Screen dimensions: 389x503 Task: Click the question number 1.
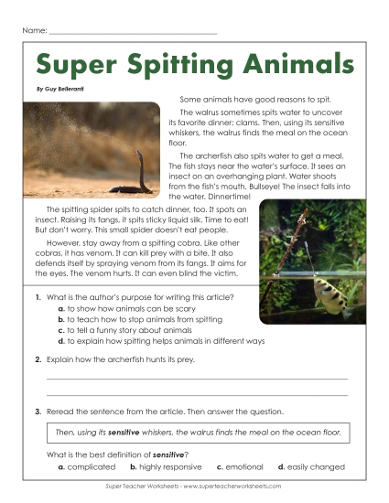point(37,299)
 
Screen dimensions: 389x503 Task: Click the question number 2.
point(37,359)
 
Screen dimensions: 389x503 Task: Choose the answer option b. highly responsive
point(167,467)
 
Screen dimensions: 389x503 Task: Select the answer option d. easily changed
point(311,467)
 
